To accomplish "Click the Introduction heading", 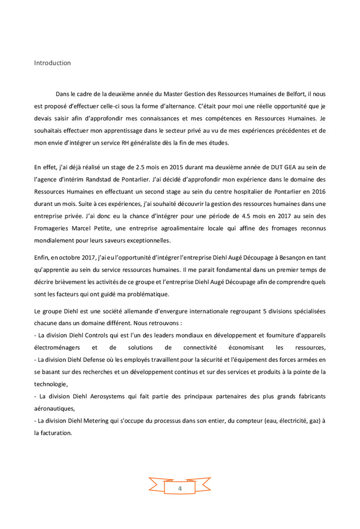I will (x=52, y=63).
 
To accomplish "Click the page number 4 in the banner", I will (x=179, y=488).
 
